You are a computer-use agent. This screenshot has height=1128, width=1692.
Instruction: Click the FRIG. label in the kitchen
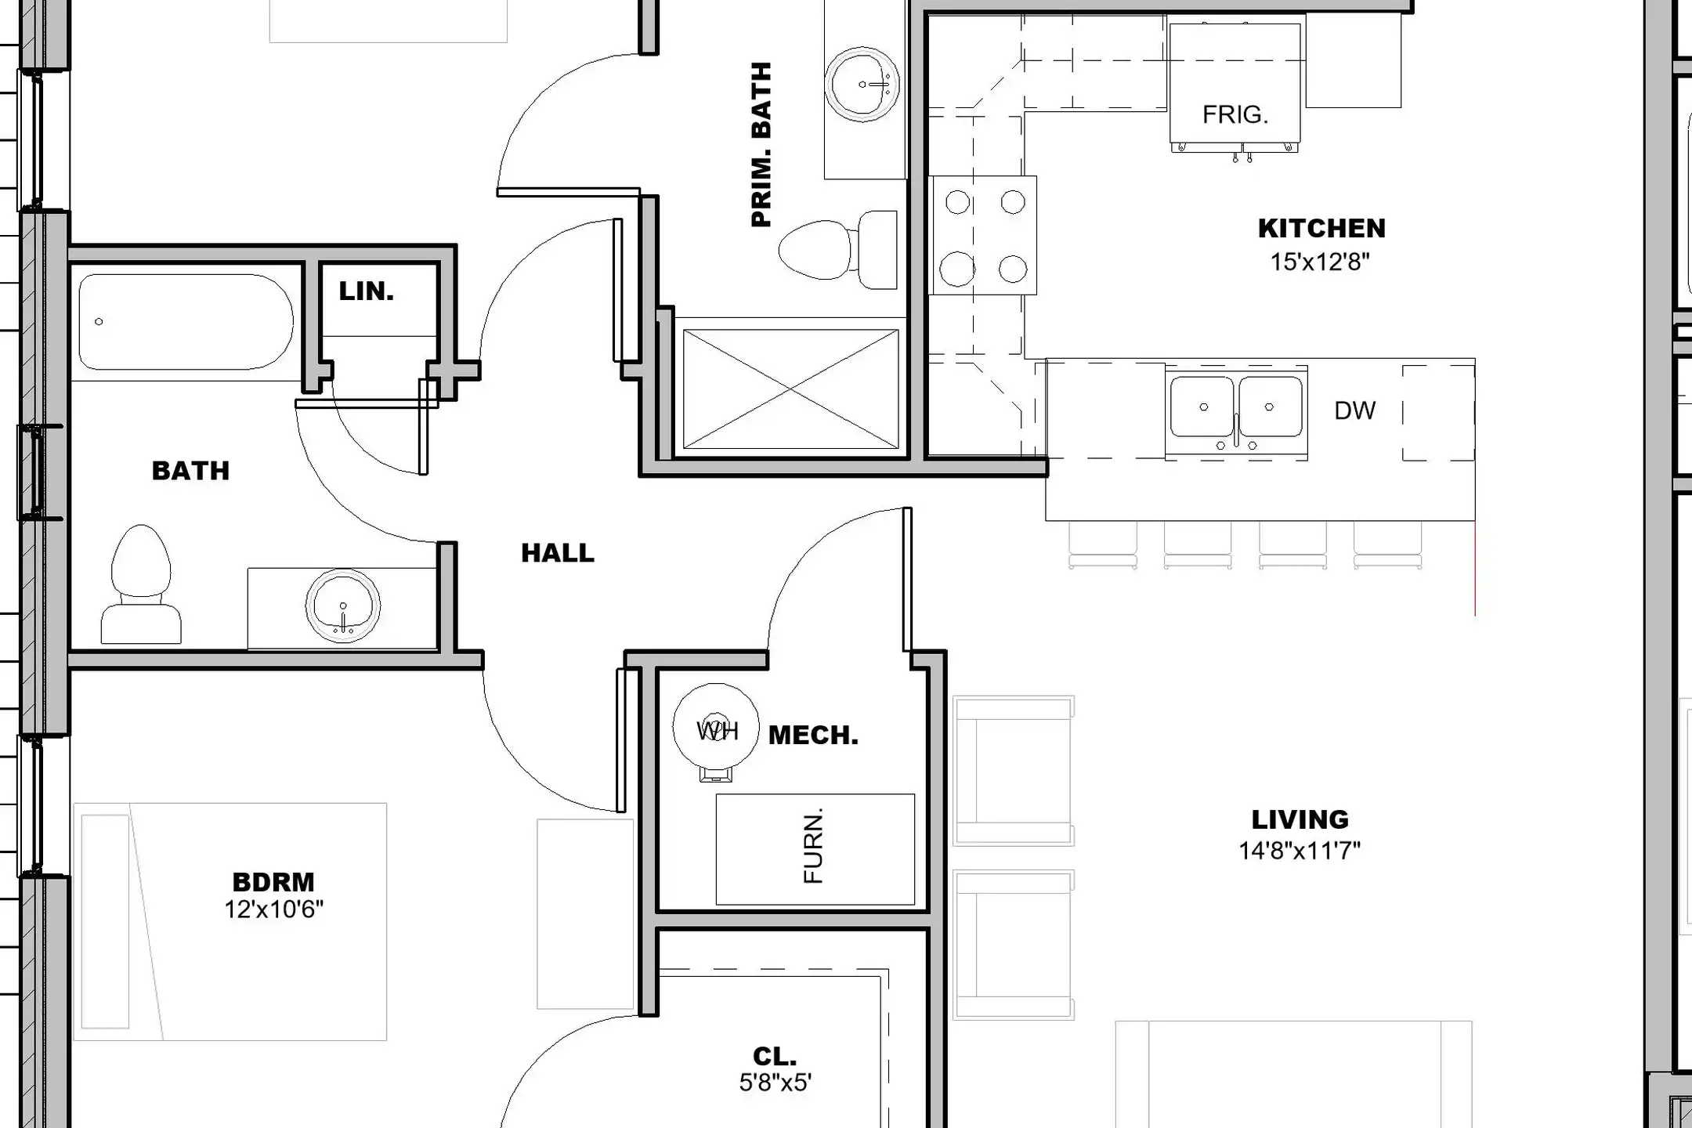(1235, 115)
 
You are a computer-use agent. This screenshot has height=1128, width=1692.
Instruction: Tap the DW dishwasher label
(1354, 410)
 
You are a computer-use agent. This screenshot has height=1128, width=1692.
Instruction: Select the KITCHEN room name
(1321, 229)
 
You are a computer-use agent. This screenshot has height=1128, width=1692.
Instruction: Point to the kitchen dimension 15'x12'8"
(1320, 262)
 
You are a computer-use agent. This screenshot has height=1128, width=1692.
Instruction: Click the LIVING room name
(1300, 819)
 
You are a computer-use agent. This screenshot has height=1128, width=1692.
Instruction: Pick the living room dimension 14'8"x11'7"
(1300, 850)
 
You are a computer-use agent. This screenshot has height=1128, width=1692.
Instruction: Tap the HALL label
(558, 553)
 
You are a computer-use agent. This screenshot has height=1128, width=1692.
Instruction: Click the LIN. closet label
(366, 291)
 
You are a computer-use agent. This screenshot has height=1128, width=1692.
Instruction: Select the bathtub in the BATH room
(186, 321)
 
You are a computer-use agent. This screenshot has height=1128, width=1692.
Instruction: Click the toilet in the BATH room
(141, 585)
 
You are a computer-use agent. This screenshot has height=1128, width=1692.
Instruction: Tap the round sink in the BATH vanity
(343, 606)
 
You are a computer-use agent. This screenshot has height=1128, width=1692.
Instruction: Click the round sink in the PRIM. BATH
(862, 84)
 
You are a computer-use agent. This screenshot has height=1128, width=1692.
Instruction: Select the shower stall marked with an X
(790, 389)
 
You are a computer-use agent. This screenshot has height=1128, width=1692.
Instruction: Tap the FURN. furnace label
(814, 846)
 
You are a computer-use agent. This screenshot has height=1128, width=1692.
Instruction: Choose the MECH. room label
(813, 736)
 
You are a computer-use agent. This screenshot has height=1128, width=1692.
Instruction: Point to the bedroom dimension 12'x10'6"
(273, 909)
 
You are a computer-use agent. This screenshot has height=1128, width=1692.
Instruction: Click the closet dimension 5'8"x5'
(775, 1083)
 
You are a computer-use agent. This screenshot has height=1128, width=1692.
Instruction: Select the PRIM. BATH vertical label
(761, 145)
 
